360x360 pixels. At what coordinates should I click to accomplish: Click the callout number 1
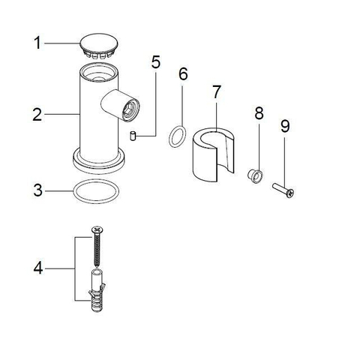pyautogui.click(x=37, y=43)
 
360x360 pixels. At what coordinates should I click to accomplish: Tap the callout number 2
pyautogui.click(x=37, y=115)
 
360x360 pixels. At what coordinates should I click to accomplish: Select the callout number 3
pyautogui.click(x=38, y=190)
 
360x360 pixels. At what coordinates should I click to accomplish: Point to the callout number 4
pyautogui.click(x=38, y=268)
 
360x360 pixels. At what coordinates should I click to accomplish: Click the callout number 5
pyautogui.click(x=156, y=62)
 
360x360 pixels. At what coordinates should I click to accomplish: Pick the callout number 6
pyautogui.click(x=183, y=73)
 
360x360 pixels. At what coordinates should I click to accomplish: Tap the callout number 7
pyautogui.click(x=217, y=91)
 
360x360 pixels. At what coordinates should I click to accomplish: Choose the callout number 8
pyautogui.click(x=259, y=113)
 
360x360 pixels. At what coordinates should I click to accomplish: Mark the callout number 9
pyautogui.click(x=285, y=126)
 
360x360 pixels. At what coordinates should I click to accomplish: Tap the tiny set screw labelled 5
pyautogui.click(x=133, y=136)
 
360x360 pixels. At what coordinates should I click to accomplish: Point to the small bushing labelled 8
pyautogui.click(x=255, y=175)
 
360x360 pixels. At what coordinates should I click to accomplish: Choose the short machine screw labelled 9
pyautogui.click(x=283, y=190)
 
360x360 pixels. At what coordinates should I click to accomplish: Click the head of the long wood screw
pyautogui.click(x=97, y=229)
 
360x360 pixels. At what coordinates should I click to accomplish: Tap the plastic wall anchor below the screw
pyautogui.click(x=97, y=290)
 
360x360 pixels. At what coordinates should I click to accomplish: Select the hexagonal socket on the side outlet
pyautogui.click(x=130, y=110)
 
